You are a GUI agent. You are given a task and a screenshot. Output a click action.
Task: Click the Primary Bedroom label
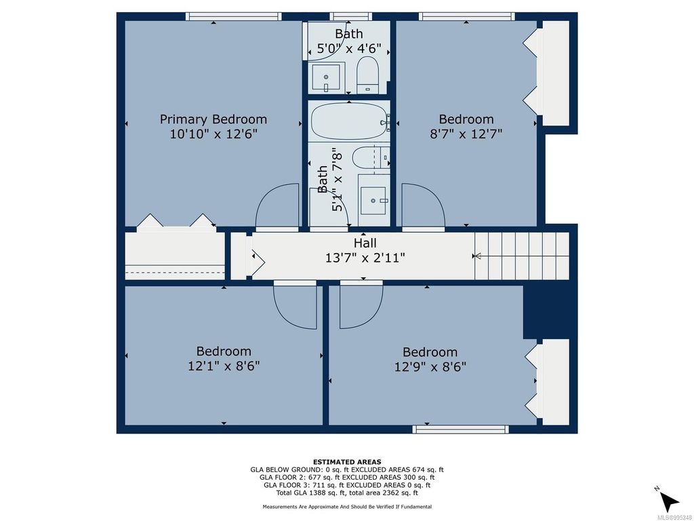[213, 119]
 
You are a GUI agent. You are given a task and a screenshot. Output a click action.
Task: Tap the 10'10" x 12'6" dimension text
[213, 134]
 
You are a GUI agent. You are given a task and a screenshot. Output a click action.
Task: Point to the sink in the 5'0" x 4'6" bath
[328, 78]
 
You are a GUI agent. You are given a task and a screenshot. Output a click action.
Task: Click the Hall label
[365, 243]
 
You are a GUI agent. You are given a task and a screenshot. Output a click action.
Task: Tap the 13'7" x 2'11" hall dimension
[365, 258]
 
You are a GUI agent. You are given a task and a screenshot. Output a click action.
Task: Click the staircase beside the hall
[522, 256]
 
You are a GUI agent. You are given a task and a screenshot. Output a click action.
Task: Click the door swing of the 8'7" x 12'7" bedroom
[422, 207]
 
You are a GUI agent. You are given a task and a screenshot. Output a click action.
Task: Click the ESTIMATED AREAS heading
[346, 461]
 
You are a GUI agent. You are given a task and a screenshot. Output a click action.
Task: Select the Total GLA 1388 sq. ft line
[346, 493]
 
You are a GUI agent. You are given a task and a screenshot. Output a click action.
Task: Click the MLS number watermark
[674, 516]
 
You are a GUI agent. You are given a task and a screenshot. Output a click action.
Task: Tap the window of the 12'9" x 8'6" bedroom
[461, 429]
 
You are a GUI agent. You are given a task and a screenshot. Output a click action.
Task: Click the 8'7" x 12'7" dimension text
[466, 134]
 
